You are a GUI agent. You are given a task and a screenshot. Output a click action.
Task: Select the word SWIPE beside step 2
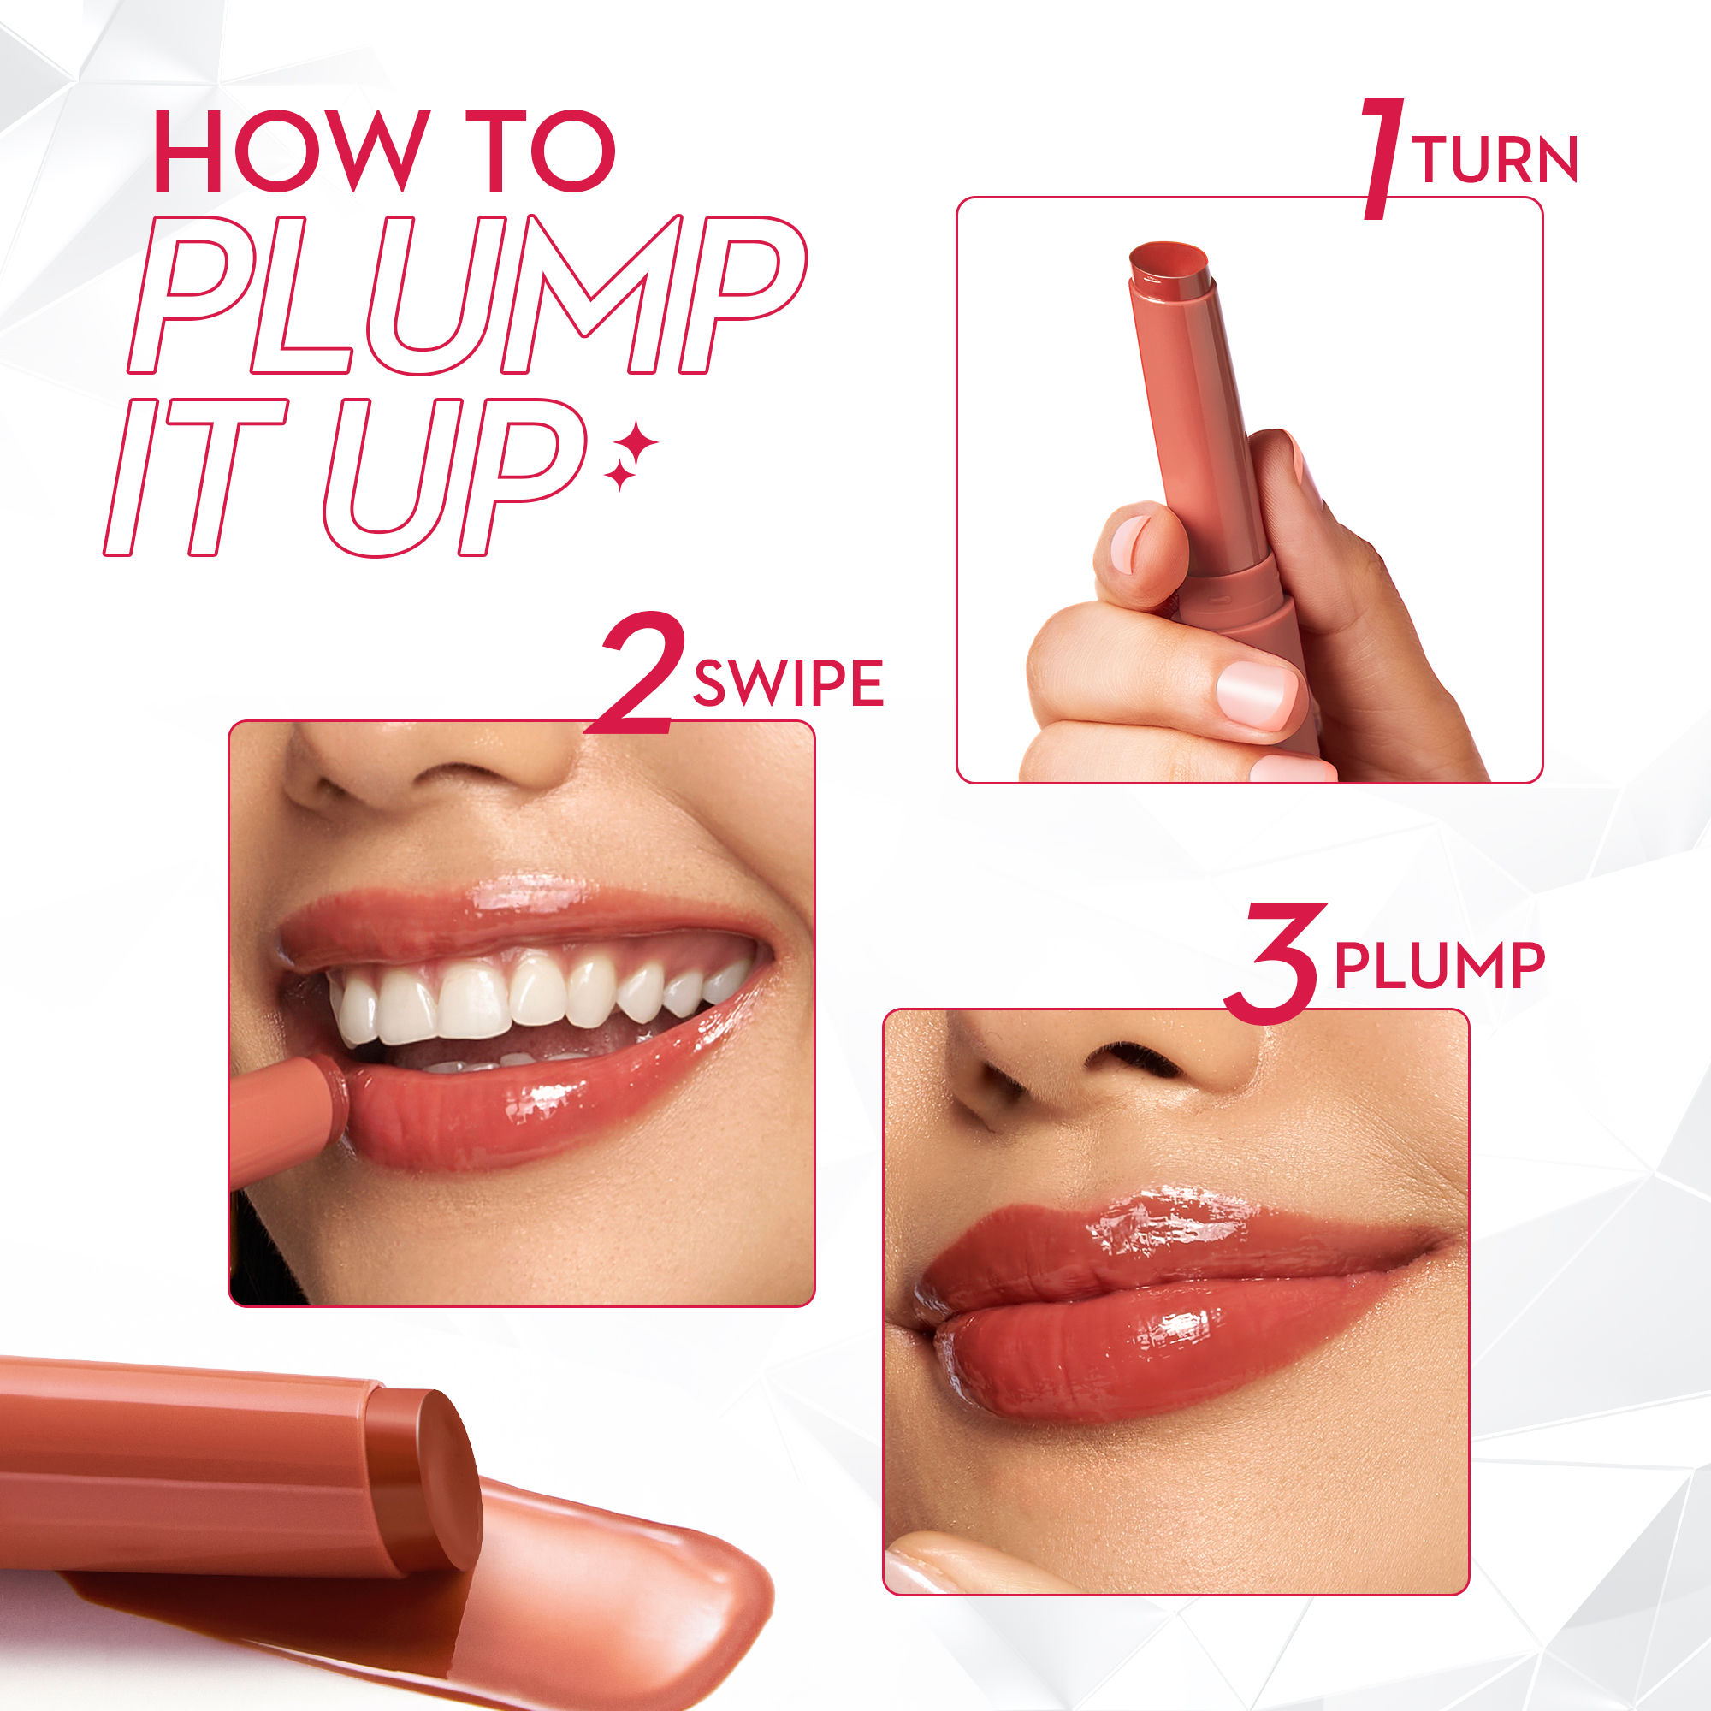click(x=788, y=683)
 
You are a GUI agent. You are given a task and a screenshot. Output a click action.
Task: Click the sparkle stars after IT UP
click(x=631, y=453)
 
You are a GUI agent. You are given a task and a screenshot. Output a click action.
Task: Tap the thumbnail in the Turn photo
click(x=1257, y=693)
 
